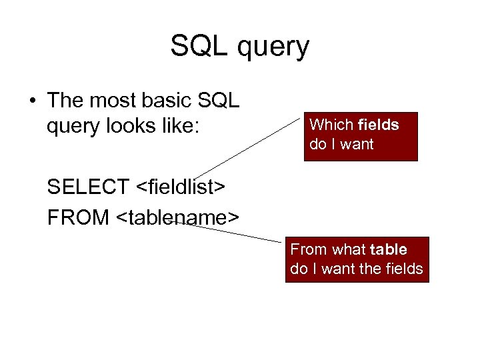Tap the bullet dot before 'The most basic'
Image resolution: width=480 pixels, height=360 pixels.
[31, 101]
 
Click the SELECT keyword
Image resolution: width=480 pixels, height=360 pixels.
[89, 188]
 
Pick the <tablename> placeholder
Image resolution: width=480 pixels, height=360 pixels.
[176, 217]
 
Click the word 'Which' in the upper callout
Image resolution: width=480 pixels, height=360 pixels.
[331, 125]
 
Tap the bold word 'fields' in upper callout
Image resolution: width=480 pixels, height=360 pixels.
[378, 125]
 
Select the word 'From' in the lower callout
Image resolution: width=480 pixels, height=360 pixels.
[309, 249]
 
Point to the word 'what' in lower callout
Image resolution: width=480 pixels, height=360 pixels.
[347, 249]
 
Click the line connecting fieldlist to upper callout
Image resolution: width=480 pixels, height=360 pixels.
[250, 149]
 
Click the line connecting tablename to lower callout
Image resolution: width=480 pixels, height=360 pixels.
[233, 231]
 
